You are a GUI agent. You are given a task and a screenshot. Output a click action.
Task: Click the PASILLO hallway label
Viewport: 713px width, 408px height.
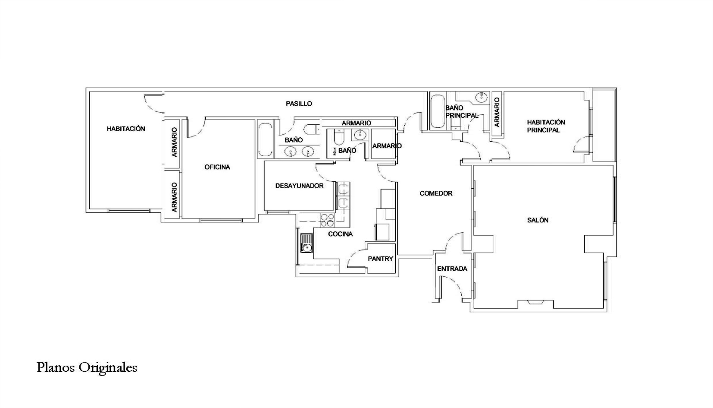[x=299, y=104]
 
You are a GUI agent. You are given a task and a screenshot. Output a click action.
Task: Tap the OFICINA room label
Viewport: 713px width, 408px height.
[x=217, y=167]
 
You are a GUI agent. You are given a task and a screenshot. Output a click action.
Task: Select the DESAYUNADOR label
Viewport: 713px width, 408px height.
[x=299, y=186]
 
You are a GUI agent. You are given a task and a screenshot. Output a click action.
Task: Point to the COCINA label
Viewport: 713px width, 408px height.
[x=340, y=234]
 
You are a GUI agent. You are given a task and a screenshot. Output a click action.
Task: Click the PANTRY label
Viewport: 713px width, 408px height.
[x=381, y=259]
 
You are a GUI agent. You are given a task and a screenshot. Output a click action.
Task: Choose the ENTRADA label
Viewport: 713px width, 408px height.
[x=452, y=269]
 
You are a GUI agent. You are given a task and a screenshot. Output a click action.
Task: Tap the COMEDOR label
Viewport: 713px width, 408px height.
[x=436, y=193]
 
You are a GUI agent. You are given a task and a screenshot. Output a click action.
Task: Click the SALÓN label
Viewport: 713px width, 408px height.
[x=538, y=220]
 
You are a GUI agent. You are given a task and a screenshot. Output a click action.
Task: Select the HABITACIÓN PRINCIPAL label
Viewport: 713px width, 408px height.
[x=546, y=126]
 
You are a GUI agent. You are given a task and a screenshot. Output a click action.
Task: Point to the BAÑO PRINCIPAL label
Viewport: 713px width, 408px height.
[x=462, y=111]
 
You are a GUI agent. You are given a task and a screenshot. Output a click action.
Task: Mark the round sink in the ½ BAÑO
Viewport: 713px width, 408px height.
[x=360, y=135]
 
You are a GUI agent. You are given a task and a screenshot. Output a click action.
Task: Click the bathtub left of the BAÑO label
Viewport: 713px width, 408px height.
[x=266, y=139]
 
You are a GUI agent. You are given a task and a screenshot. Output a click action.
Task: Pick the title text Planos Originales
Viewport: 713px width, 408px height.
[x=87, y=368]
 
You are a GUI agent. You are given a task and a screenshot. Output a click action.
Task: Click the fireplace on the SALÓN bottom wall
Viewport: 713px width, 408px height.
[x=535, y=304]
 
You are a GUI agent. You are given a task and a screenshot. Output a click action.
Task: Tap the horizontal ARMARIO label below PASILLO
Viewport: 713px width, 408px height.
[x=356, y=123]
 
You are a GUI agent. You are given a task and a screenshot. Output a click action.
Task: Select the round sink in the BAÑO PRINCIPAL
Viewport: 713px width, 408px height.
[x=482, y=97]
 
